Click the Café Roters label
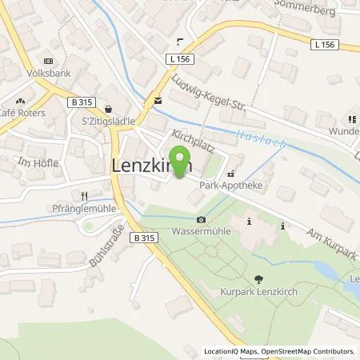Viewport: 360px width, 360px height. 25,112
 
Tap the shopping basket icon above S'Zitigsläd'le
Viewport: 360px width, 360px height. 108,110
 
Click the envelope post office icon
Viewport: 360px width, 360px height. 158,100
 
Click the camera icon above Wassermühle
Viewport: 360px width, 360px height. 200,220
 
